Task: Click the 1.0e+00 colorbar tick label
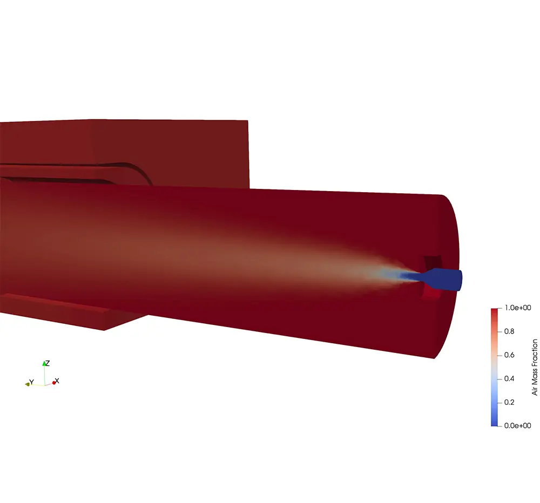pyautogui.click(x=517, y=308)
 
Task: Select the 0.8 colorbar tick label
pyautogui.click(x=509, y=331)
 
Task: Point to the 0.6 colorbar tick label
pyautogui.click(x=509, y=355)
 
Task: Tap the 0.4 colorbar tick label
pyautogui.click(x=509, y=379)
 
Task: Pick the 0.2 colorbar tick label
pyautogui.click(x=509, y=402)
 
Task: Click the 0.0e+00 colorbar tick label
pyautogui.click(x=517, y=426)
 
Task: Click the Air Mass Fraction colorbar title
pyautogui.click(x=535, y=367)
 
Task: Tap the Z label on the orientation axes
pyautogui.click(x=48, y=363)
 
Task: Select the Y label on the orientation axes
pyautogui.click(x=32, y=382)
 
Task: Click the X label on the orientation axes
pyautogui.click(x=57, y=380)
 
